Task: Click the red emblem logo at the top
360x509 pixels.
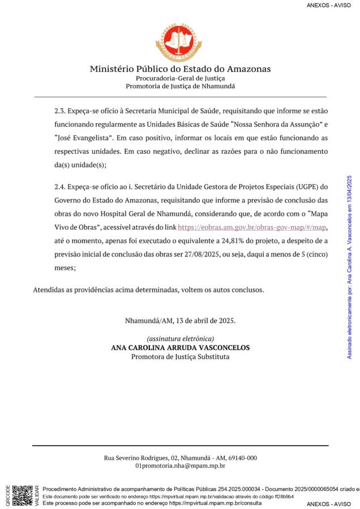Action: click(179, 42)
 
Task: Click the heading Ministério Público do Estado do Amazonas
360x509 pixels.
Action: click(180, 69)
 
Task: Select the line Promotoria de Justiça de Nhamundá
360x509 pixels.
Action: click(180, 86)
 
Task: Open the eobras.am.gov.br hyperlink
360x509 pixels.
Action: click(252, 227)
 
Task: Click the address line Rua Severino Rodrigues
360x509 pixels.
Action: click(180, 458)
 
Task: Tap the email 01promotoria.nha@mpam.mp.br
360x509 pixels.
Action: click(180, 467)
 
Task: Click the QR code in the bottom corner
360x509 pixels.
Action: click(22, 495)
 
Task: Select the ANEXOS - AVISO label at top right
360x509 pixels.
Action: click(329, 5)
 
